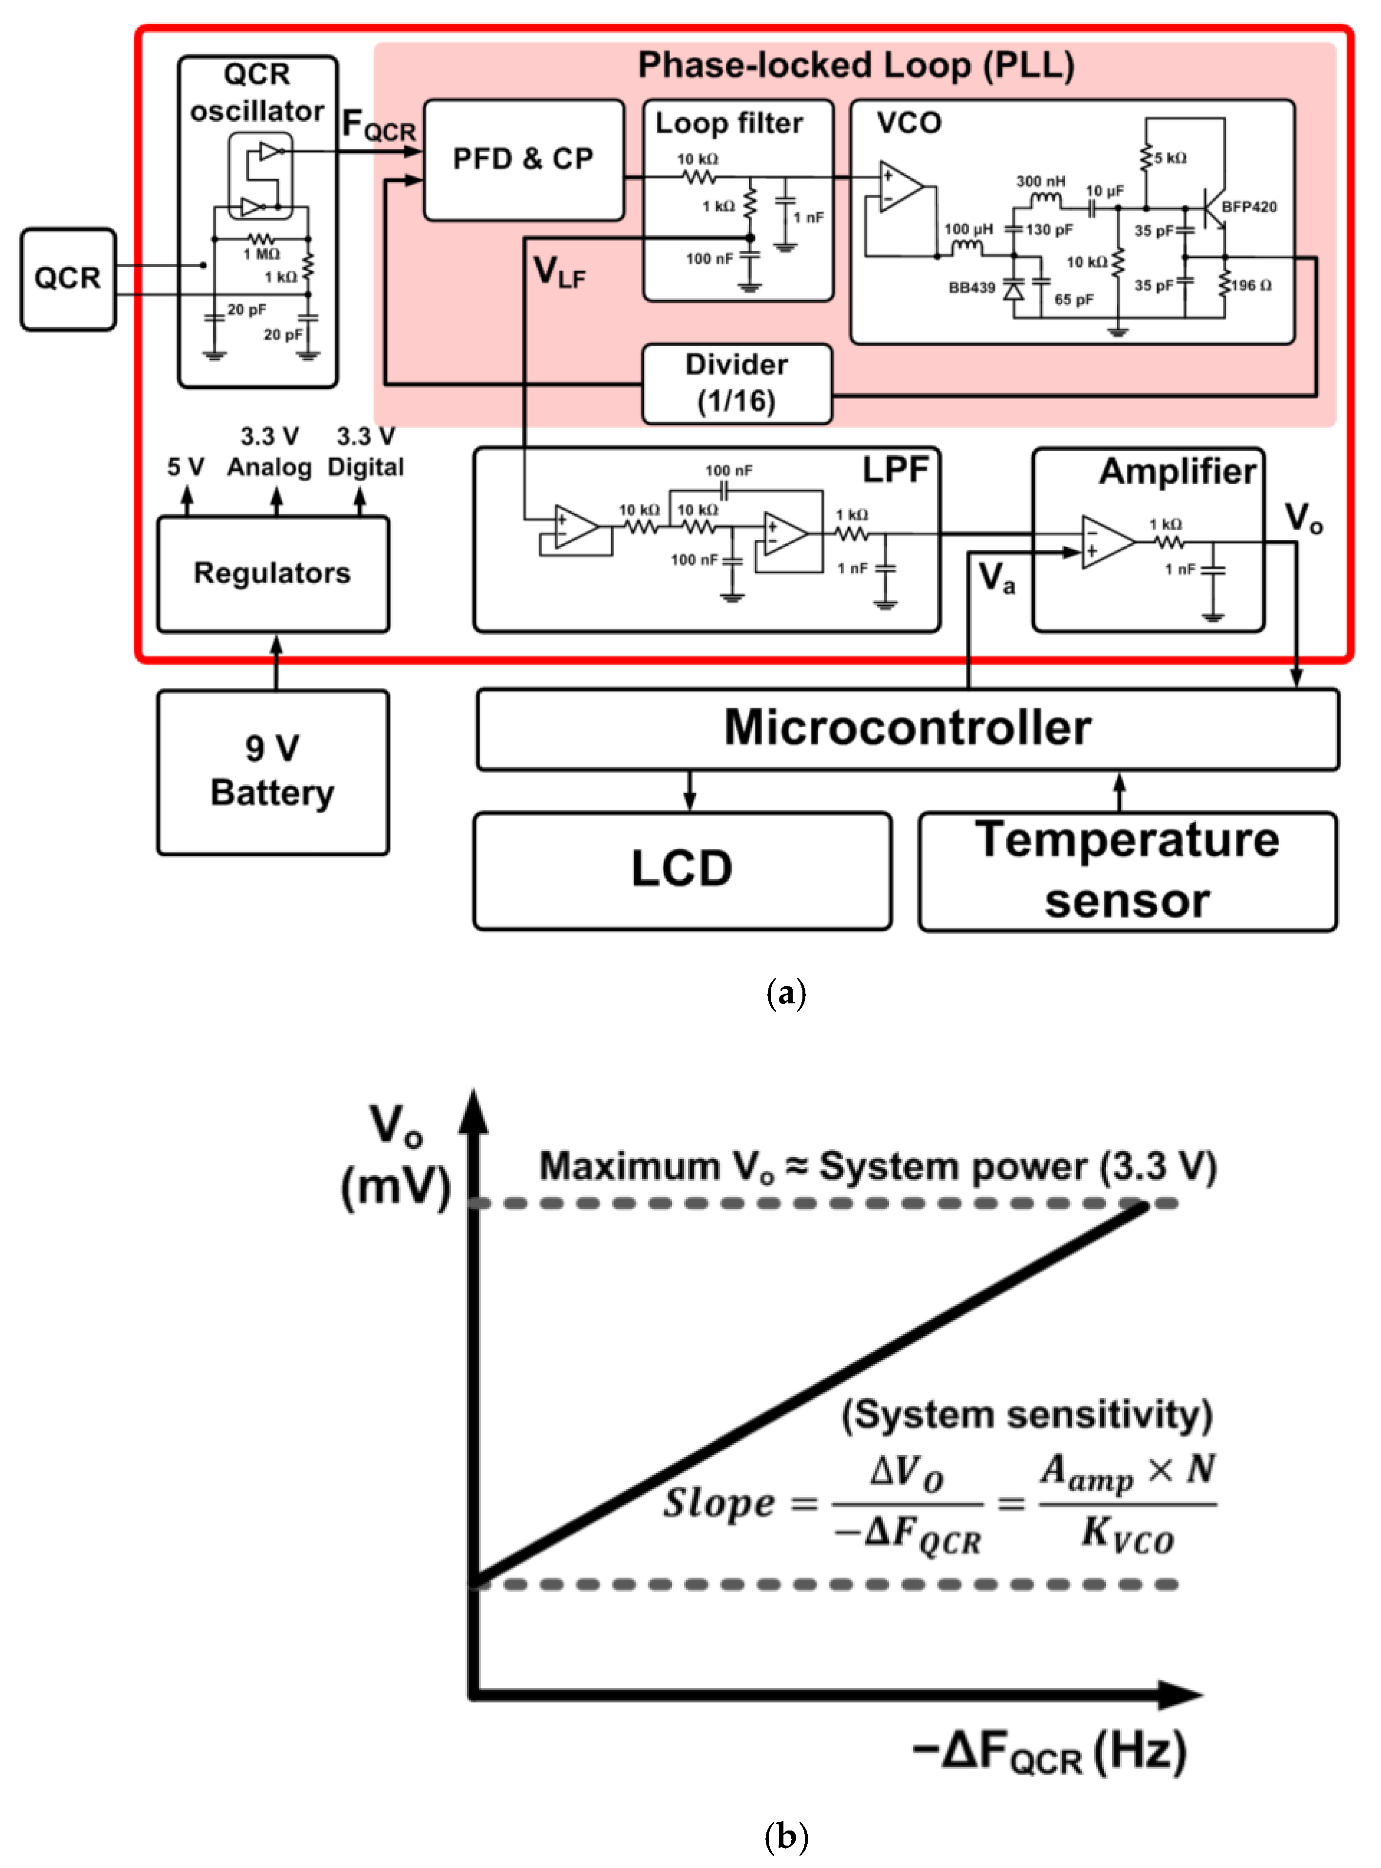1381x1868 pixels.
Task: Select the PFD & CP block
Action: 523,159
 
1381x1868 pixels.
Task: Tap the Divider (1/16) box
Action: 736,383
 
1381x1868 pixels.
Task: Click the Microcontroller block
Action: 907,727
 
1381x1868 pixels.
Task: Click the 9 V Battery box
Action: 273,771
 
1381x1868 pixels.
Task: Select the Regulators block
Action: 273,573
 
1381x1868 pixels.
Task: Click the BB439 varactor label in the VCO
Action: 971,288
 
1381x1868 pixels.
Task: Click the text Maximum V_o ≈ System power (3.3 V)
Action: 878,1166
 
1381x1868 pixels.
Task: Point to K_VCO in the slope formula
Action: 1127,1535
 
